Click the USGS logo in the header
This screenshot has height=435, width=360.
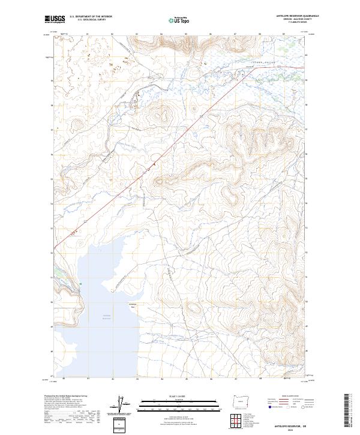[x=55, y=20]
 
